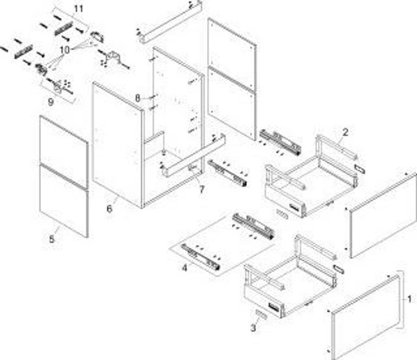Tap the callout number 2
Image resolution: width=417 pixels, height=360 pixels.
coord(345,132)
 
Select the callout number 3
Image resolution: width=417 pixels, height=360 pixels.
coord(253,327)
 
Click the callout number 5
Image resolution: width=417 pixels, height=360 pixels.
coord(51,239)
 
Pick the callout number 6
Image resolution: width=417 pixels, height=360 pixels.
coord(109,209)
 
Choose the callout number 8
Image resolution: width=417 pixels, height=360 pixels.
coord(138,98)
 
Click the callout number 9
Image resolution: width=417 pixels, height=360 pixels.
coord(50,102)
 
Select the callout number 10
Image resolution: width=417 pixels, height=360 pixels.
coord(65,50)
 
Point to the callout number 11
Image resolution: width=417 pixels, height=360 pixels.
coord(78,9)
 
